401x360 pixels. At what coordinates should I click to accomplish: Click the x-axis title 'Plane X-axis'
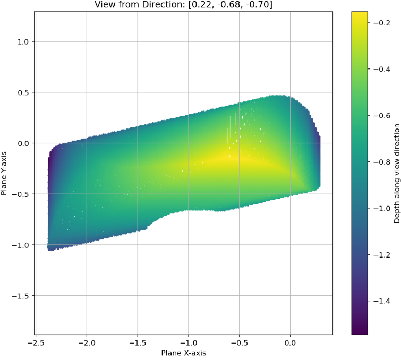(x=183, y=353)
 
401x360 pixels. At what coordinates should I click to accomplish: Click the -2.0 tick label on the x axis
(x=87, y=342)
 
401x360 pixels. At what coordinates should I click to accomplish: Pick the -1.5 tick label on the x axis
(x=137, y=342)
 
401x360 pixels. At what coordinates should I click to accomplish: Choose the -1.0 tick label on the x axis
(x=188, y=342)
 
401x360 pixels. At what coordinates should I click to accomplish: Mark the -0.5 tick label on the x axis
(x=238, y=342)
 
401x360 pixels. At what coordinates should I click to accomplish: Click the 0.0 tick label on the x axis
(x=289, y=342)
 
